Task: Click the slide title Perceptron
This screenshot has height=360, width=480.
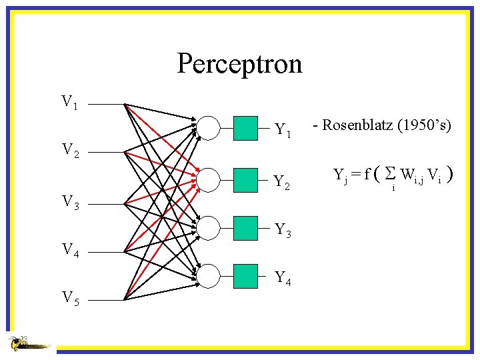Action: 239,64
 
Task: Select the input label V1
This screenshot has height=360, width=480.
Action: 69,102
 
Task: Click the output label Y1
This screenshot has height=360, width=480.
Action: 283,131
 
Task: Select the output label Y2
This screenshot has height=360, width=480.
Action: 283,181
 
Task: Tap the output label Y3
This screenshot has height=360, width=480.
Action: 283,231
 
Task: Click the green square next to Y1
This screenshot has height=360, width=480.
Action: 246,128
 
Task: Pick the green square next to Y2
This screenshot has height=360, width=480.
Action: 246,178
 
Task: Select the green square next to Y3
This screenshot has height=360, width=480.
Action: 246,227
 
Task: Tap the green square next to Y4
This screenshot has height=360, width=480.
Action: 246,275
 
